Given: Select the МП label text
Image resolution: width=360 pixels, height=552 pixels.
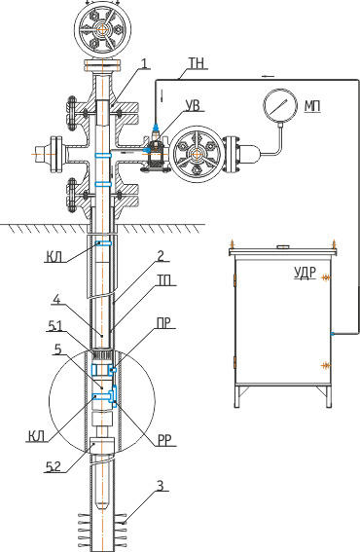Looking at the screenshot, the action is click(312, 106).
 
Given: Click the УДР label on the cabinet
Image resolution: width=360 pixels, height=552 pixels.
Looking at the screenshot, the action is click(306, 273).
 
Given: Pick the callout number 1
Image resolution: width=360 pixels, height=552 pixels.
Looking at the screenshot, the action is click(145, 63).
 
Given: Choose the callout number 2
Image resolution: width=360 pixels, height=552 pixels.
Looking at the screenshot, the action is click(161, 256).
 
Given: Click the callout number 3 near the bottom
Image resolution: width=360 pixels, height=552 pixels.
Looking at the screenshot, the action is click(161, 486).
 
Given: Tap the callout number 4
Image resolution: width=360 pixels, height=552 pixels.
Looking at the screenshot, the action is click(57, 299).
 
